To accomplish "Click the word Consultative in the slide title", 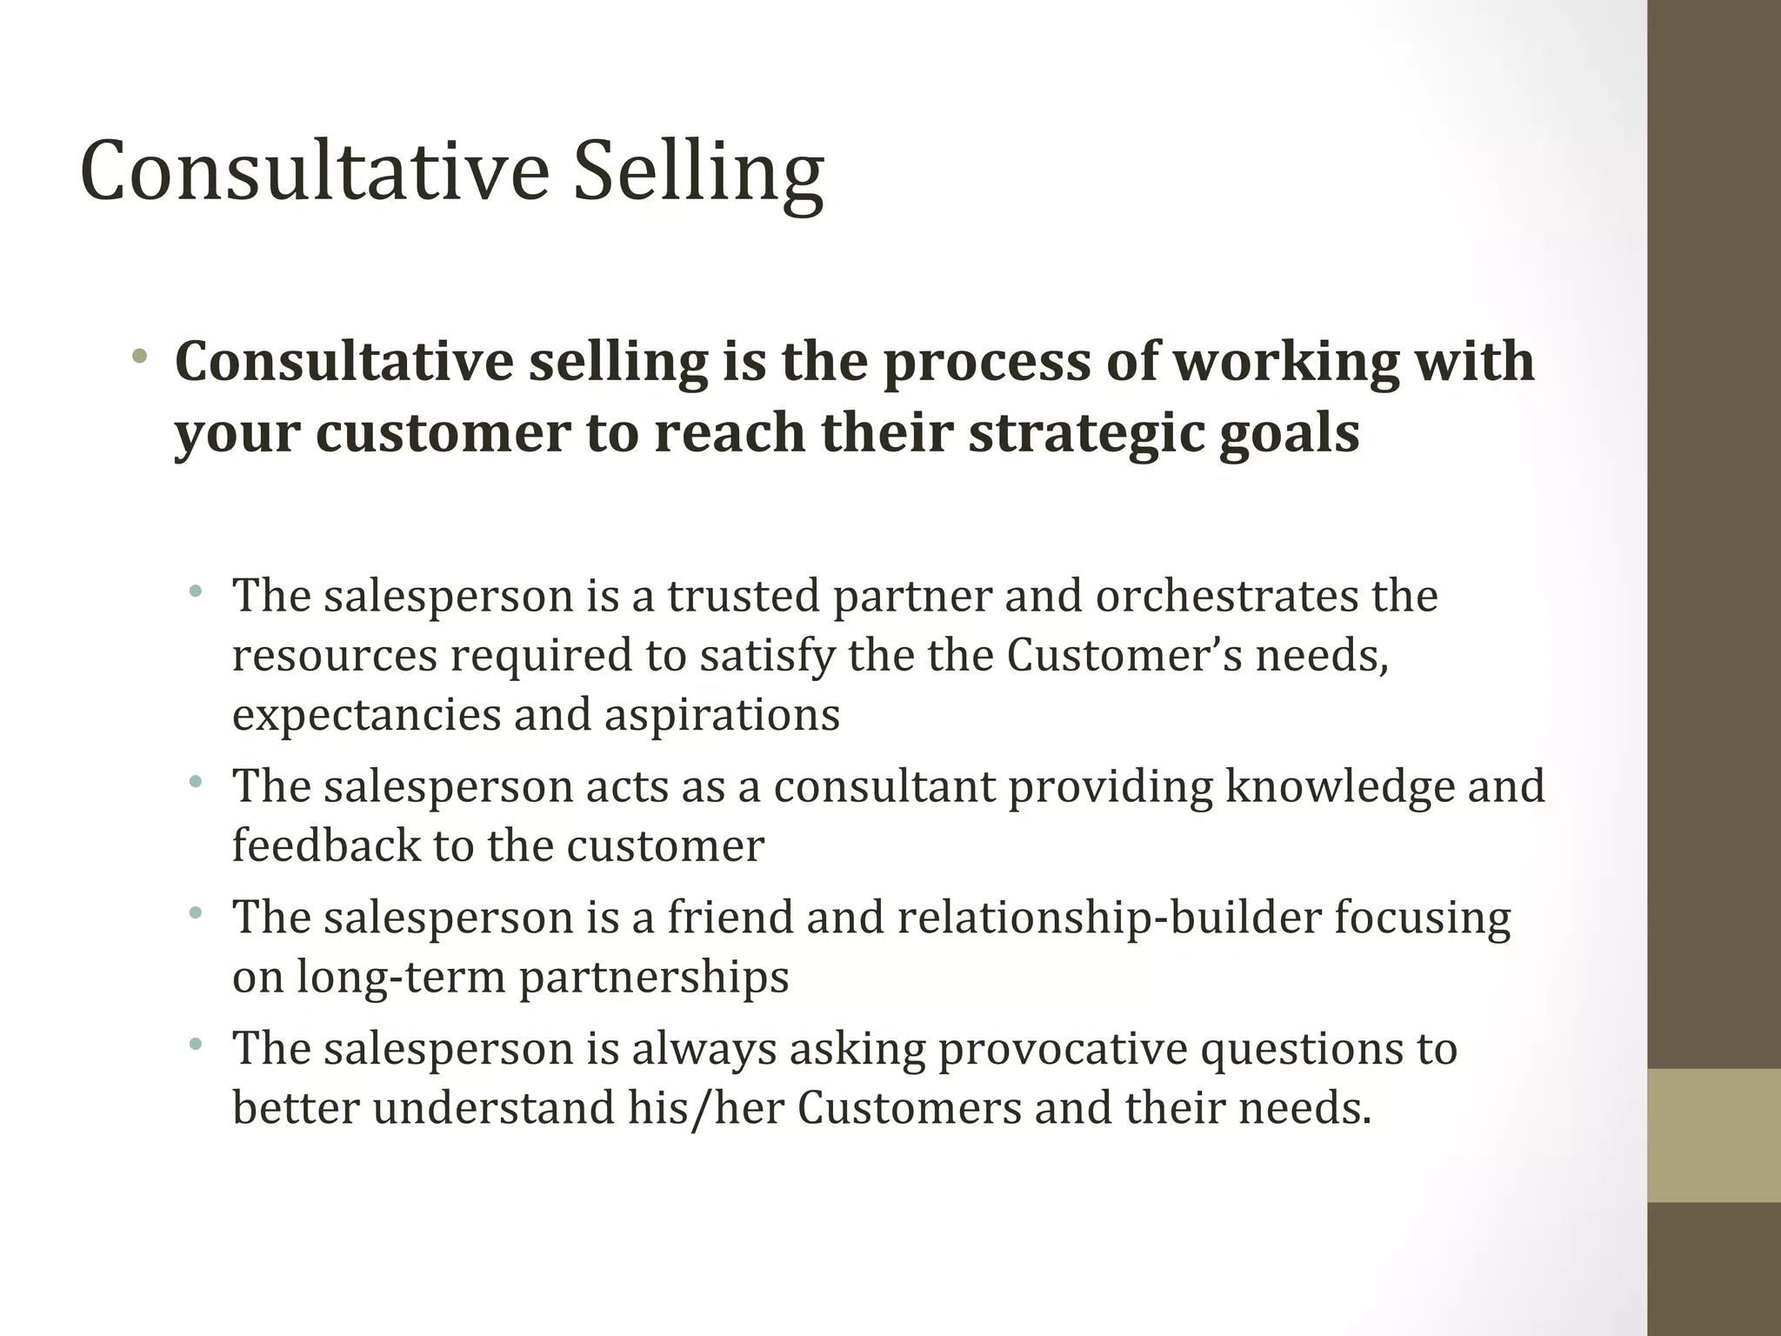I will (314, 170).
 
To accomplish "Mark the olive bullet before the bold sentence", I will (139, 356).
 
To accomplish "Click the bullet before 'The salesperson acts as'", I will (196, 782).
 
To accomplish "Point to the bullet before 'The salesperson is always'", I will (196, 1044).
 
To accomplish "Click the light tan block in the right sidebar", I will (1714, 1135).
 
